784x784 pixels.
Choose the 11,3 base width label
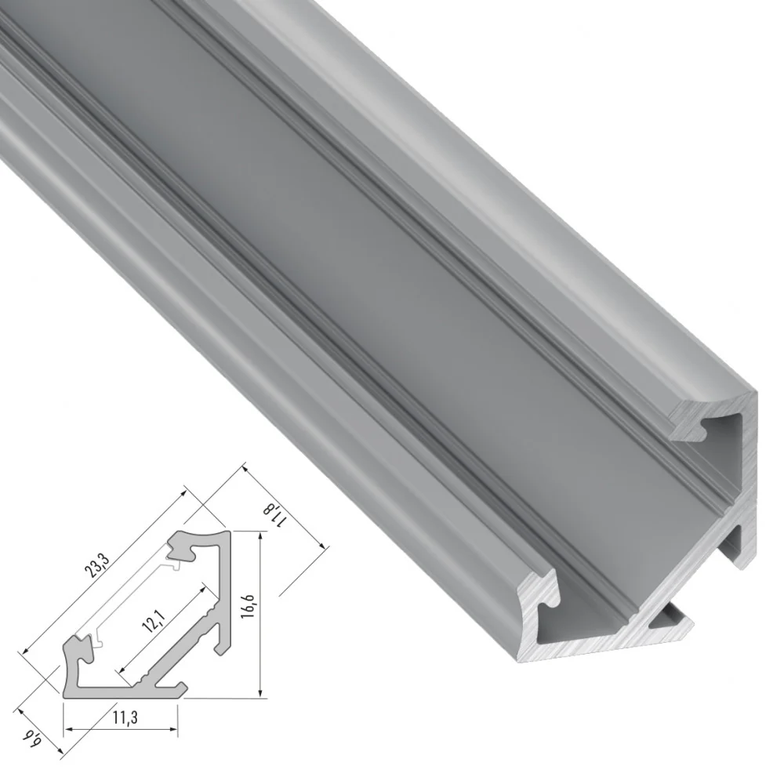125,717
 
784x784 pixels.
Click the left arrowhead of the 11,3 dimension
69,729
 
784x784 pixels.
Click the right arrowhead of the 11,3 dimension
172,729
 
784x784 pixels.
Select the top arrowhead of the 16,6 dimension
260,538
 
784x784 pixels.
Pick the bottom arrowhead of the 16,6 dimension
260,691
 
